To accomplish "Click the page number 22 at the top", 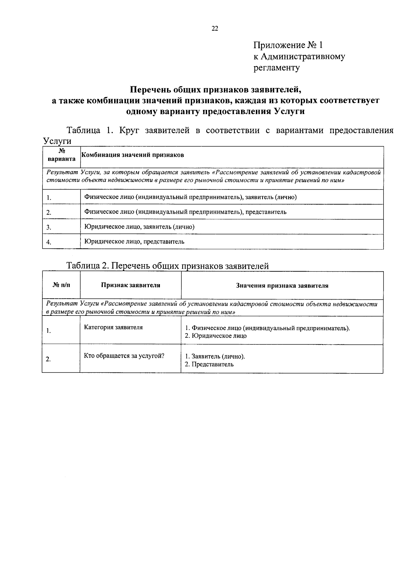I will tap(215, 29).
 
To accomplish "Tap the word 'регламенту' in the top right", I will tap(276, 68).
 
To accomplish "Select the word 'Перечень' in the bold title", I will tap(147, 90).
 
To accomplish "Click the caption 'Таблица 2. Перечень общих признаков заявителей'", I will tap(168, 266).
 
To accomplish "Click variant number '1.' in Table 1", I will tap(49, 198).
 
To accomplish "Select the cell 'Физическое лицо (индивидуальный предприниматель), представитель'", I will tap(185, 212).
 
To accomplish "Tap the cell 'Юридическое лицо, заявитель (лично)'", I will tap(139, 227).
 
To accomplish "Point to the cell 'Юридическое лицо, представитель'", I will tap(134, 242).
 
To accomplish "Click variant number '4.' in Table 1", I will tap(49, 242).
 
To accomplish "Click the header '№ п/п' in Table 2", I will tap(62, 285).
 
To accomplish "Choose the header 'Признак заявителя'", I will tap(131, 285).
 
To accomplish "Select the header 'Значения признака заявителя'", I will tap(282, 286).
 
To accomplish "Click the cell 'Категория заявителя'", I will tap(113, 327).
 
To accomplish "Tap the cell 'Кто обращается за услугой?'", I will tap(124, 356).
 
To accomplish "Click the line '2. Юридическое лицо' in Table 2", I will tap(216, 336).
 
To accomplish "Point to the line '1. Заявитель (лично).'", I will tap(215, 357).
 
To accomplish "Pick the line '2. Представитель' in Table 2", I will tap(209, 364).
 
